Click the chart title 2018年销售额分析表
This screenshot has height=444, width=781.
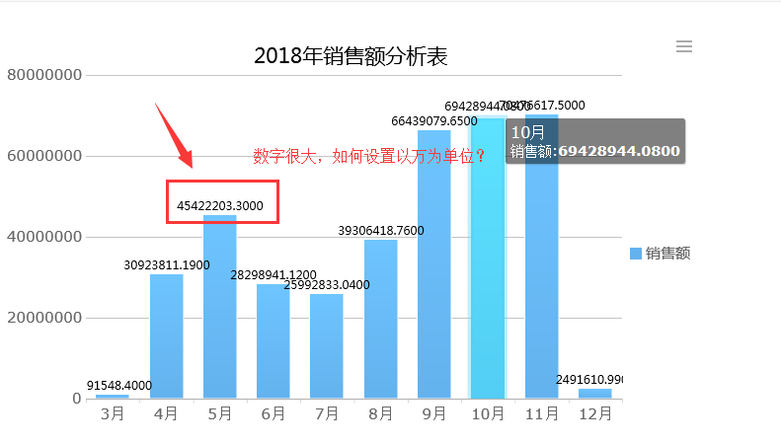(x=351, y=56)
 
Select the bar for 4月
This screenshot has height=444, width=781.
(x=167, y=335)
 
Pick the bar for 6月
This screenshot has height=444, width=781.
(x=273, y=340)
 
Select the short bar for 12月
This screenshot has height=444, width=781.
(x=594, y=394)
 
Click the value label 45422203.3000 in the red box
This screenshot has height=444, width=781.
(x=220, y=206)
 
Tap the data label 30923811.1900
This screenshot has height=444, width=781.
(x=167, y=265)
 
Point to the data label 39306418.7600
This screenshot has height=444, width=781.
(x=380, y=230)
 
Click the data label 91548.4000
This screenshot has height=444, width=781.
(x=118, y=386)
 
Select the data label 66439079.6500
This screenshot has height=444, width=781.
(x=433, y=121)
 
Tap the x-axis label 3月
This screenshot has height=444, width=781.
(x=113, y=414)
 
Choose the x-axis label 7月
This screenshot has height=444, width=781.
(x=327, y=414)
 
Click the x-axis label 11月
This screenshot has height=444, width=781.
(x=541, y=414)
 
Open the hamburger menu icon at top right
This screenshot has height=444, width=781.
(x=684, y=46)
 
